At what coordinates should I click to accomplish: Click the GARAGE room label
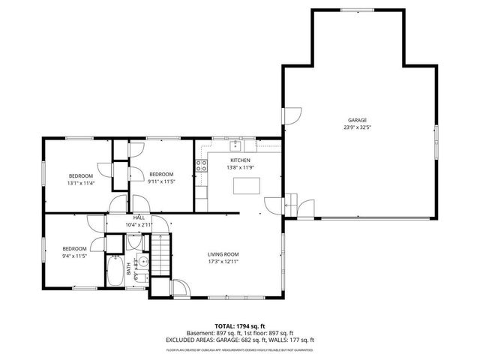[357, 120]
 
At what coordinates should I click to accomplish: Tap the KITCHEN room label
[240, 160]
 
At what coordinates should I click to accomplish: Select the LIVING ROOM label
[223, 254]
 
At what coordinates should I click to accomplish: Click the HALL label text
[139, 217]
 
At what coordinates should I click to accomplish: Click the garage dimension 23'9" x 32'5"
[357, 127]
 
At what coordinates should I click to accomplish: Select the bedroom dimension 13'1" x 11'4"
[80, 182]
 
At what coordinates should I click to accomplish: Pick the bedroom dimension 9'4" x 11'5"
[74, 256]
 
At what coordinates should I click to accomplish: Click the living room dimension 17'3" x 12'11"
[223, 262]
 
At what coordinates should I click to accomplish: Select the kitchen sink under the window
[235, 145]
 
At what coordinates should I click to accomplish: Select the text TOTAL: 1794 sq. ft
[239, 326]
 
